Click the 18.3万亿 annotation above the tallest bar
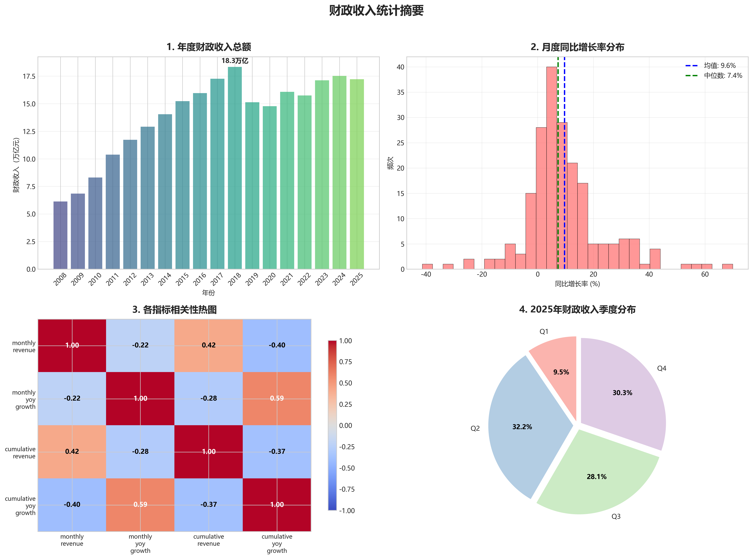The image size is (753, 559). tap(235, 61)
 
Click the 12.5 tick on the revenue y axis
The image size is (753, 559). tap(29, 132)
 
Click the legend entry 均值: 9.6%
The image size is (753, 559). tap(720, 66)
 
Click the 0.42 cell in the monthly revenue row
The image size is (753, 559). tap(208, 345)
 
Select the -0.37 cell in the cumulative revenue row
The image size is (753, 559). tap(277, 451)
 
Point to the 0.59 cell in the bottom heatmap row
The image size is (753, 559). tap(140, 505)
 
